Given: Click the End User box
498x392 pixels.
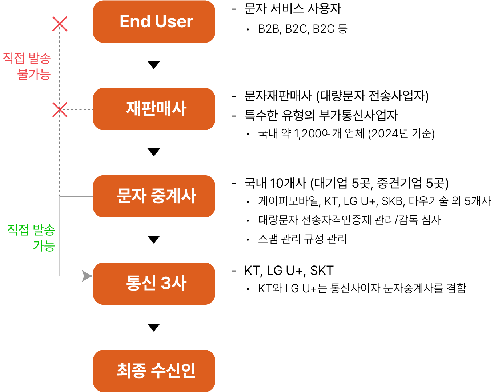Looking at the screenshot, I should pos(154,22).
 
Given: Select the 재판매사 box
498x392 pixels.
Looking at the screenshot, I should pos(154,109).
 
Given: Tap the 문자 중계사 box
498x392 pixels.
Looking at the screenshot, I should pos(154,196).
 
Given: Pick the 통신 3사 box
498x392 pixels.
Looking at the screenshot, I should pos(154,284).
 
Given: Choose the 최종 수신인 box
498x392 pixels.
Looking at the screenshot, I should pos(154,371).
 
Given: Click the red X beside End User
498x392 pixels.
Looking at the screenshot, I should pos(60,24).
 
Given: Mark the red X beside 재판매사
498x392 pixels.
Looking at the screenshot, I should pos(60,109).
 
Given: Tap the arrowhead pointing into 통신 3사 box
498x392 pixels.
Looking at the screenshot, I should pos(88,276).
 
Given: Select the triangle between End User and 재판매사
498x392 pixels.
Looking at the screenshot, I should pos(154,65).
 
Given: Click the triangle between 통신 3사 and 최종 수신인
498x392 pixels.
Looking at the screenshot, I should pos(154,328).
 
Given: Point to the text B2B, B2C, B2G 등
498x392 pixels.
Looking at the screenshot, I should pos(302,29).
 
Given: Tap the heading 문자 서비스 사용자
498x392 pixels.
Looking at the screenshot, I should pos(293,9).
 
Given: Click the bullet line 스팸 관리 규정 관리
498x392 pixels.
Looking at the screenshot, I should pos(302,239).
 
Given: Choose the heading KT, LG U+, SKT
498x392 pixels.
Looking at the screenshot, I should pos(289,271).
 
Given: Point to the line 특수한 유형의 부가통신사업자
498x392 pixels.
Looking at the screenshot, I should pos(321,116).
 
